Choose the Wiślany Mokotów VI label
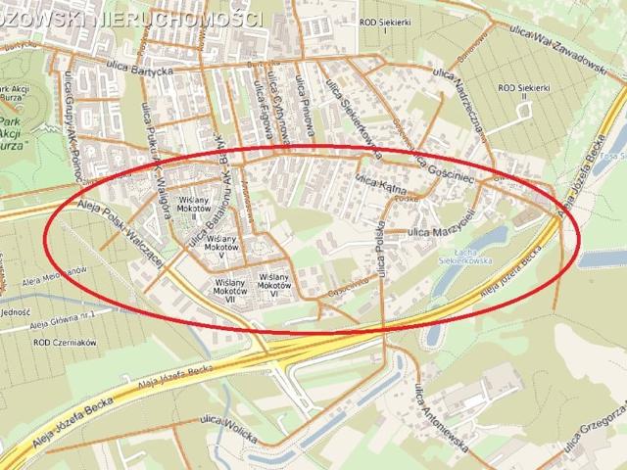[x=279, y=283]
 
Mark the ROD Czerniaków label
[x=57, y=344]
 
